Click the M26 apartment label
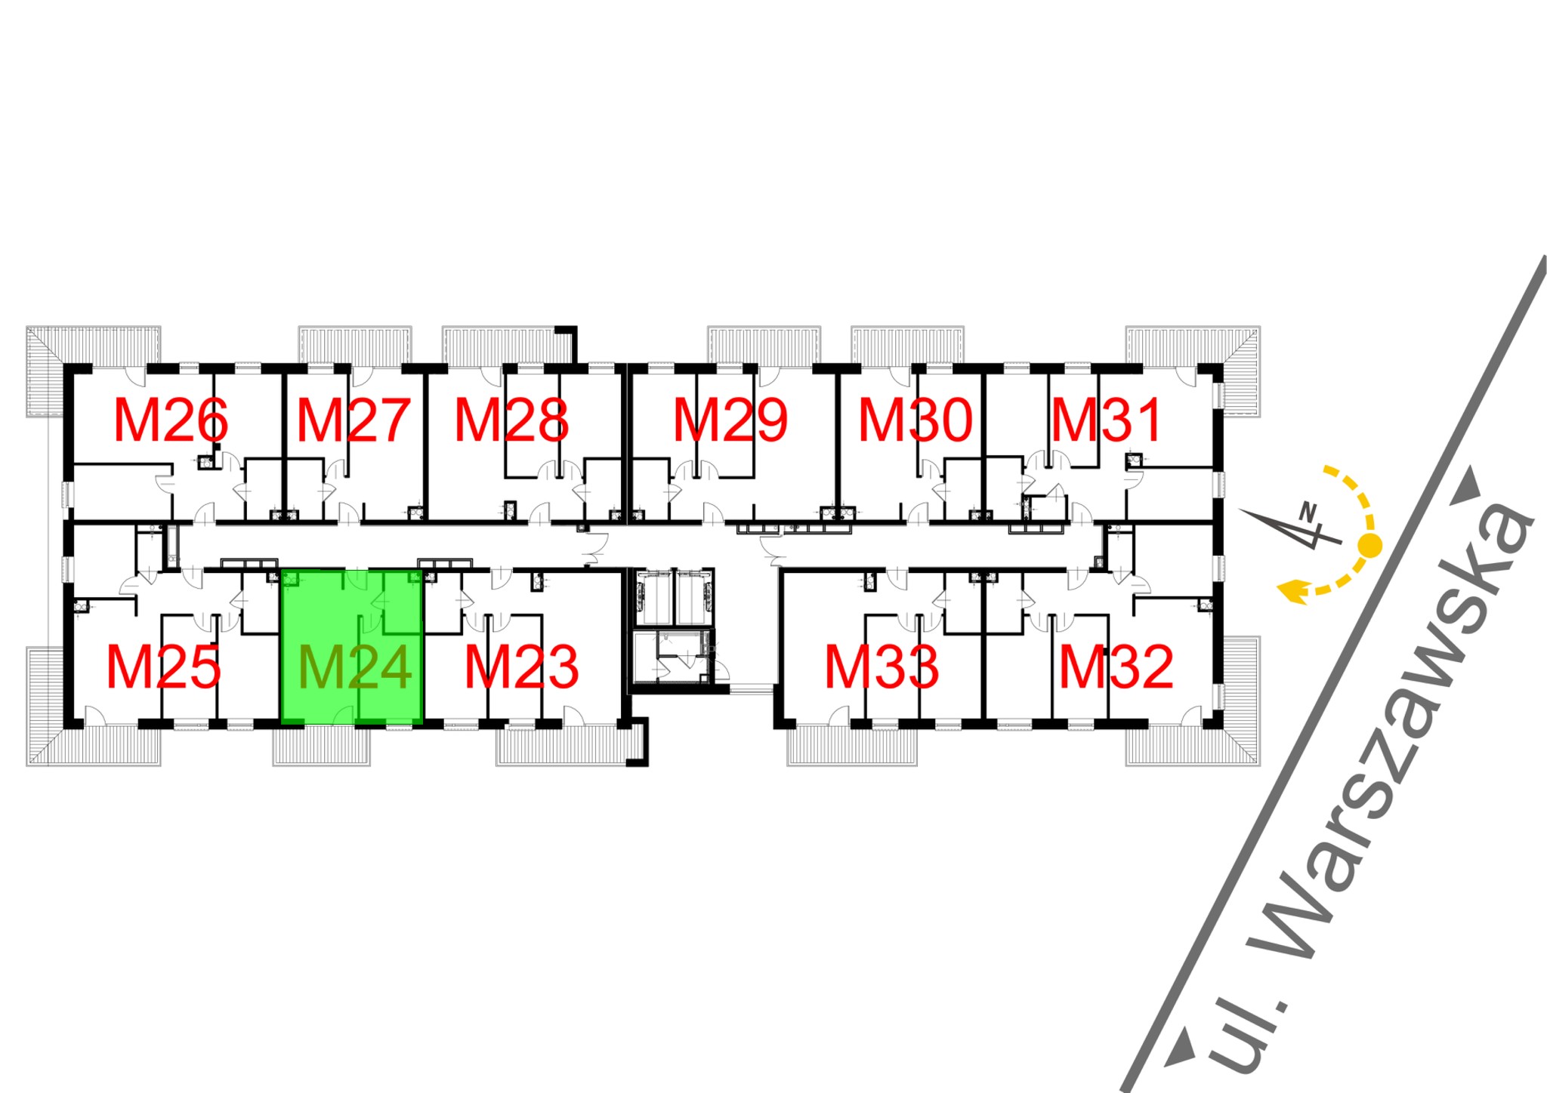click(x=171, y=420)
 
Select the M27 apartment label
click(x=354, y=420)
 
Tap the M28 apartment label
click(x=511, y=420)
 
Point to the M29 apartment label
click(x=730, y=420)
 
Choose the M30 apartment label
click(x=916, y=420)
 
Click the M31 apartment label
click(x=1107, y=420)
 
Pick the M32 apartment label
click(x=1116, y=667)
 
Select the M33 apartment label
click(x=882, y=667)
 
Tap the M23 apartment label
click(x=521, y=667)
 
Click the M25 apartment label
click(x=163, y=667)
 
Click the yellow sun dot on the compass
click(x=1370, y=545)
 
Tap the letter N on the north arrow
click(x=1308, y=512)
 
